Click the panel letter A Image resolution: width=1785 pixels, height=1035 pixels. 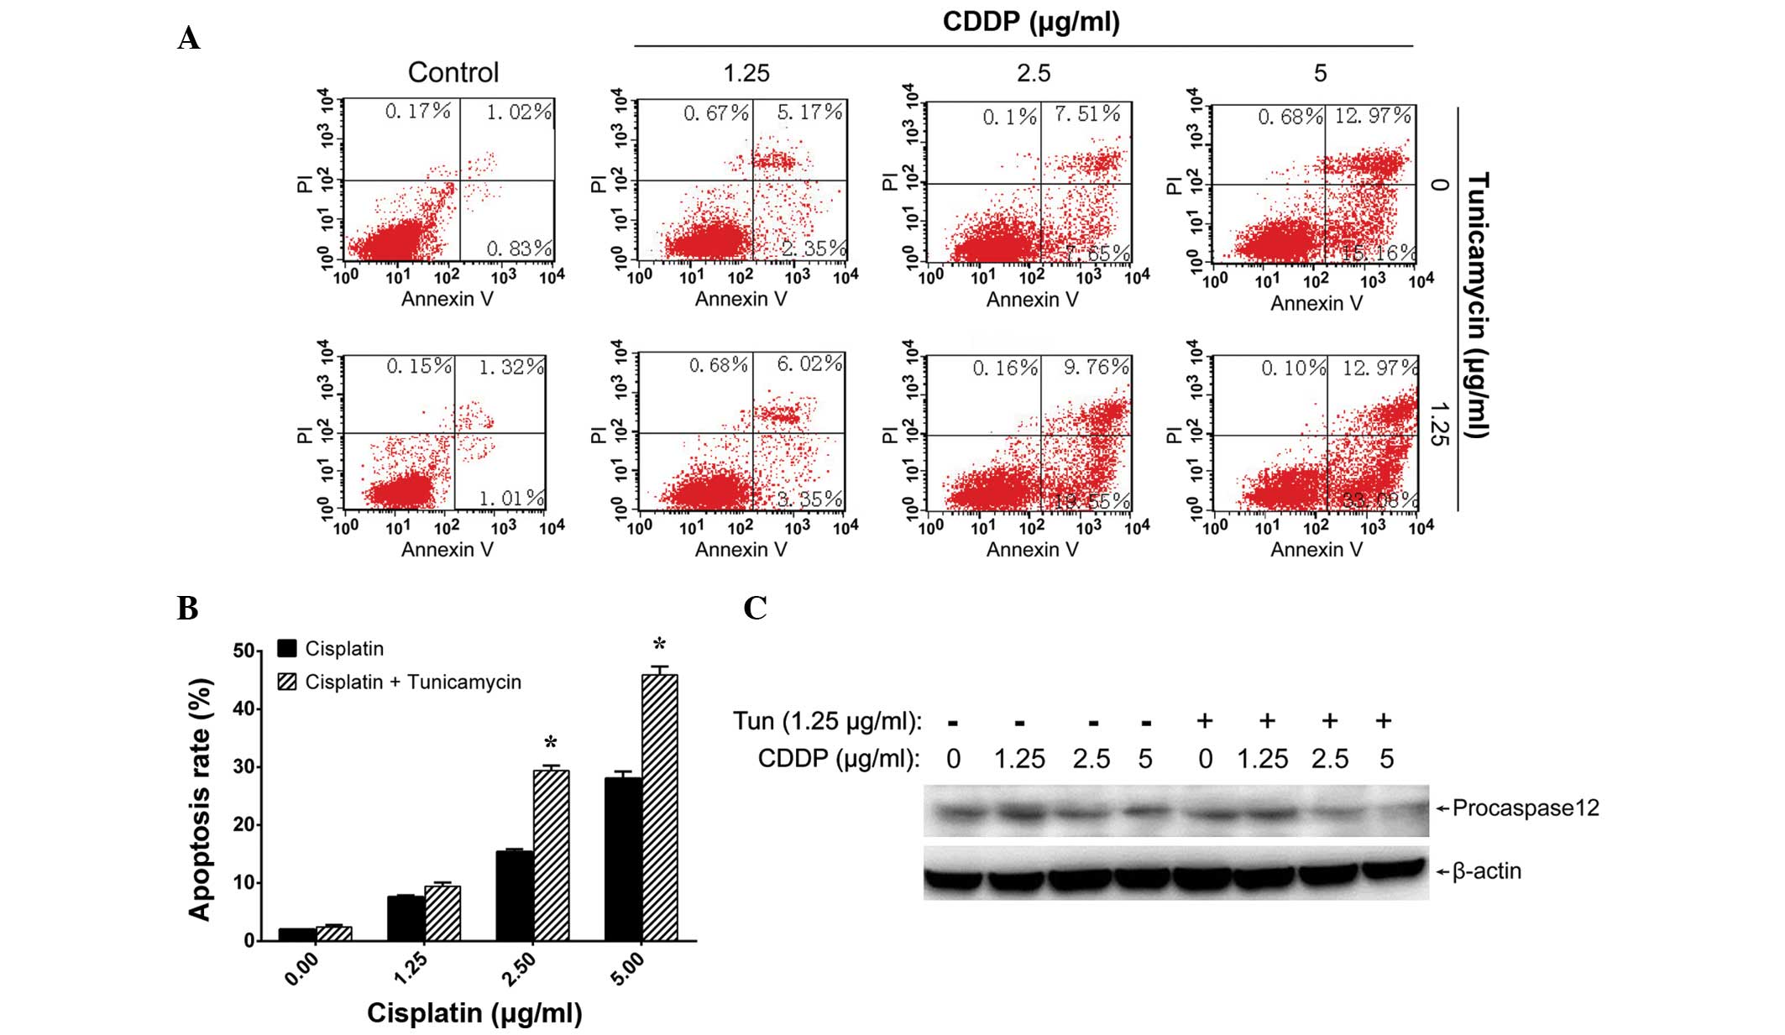tap(189, 39)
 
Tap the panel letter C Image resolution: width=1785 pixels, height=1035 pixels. tap(755, 608)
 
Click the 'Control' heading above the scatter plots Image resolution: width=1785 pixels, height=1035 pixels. tap(453, 73)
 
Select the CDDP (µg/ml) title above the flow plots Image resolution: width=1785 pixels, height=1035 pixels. tap(1031, 22)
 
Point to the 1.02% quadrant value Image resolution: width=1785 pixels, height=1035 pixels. tap(519, 112)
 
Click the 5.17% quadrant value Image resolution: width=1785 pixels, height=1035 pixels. tap(809, 112)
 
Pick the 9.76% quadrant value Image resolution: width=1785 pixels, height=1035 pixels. tap(1096, 368)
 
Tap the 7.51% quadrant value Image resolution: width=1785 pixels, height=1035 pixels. tap(1087, 113)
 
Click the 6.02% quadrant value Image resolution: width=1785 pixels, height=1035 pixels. tap(809, 363)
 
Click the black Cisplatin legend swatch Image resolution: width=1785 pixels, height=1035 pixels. tap(287, 648)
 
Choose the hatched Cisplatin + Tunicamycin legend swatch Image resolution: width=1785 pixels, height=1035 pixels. tap(287, 682)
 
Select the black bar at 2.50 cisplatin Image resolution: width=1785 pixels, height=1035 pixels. tap(515, 896)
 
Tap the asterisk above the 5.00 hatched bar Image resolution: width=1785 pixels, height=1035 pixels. tap(660, 645)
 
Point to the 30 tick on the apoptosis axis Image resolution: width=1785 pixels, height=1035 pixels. tap(243, 766)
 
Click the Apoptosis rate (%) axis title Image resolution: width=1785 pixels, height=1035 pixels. tap(200, 799)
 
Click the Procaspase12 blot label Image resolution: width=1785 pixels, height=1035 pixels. tap(1525, 808)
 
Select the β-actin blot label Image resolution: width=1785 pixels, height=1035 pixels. tap(1486, 871)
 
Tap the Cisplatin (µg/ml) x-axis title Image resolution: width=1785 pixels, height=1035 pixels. tap(474, 1012)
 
